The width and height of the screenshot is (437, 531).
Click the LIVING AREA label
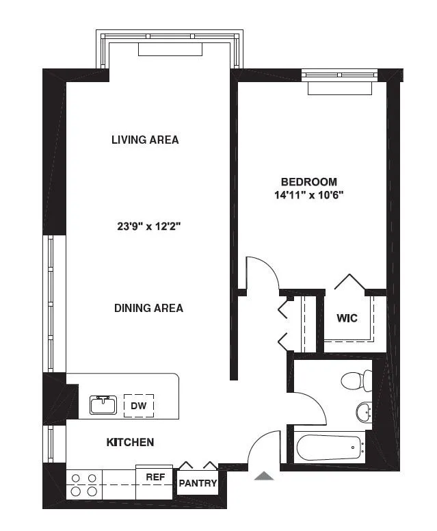pyautogui.click(x=145, y=140)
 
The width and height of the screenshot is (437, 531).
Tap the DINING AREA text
pyautogui.click(x=148, y=308)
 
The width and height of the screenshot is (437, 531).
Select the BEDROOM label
pyautogui.click(x=309, y=181)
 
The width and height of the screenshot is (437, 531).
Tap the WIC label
pyautogui.click(x=347, y=318)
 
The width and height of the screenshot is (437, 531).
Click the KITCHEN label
pyautogui.click(x=130, y=442)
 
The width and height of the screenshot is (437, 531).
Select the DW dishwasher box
pyautogui.click(x=138, y=406)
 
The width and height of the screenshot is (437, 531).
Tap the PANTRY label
pyautogui.click(x=198, y=484)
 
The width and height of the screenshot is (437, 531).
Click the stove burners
pyautogui.click(x=83, y=485)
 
